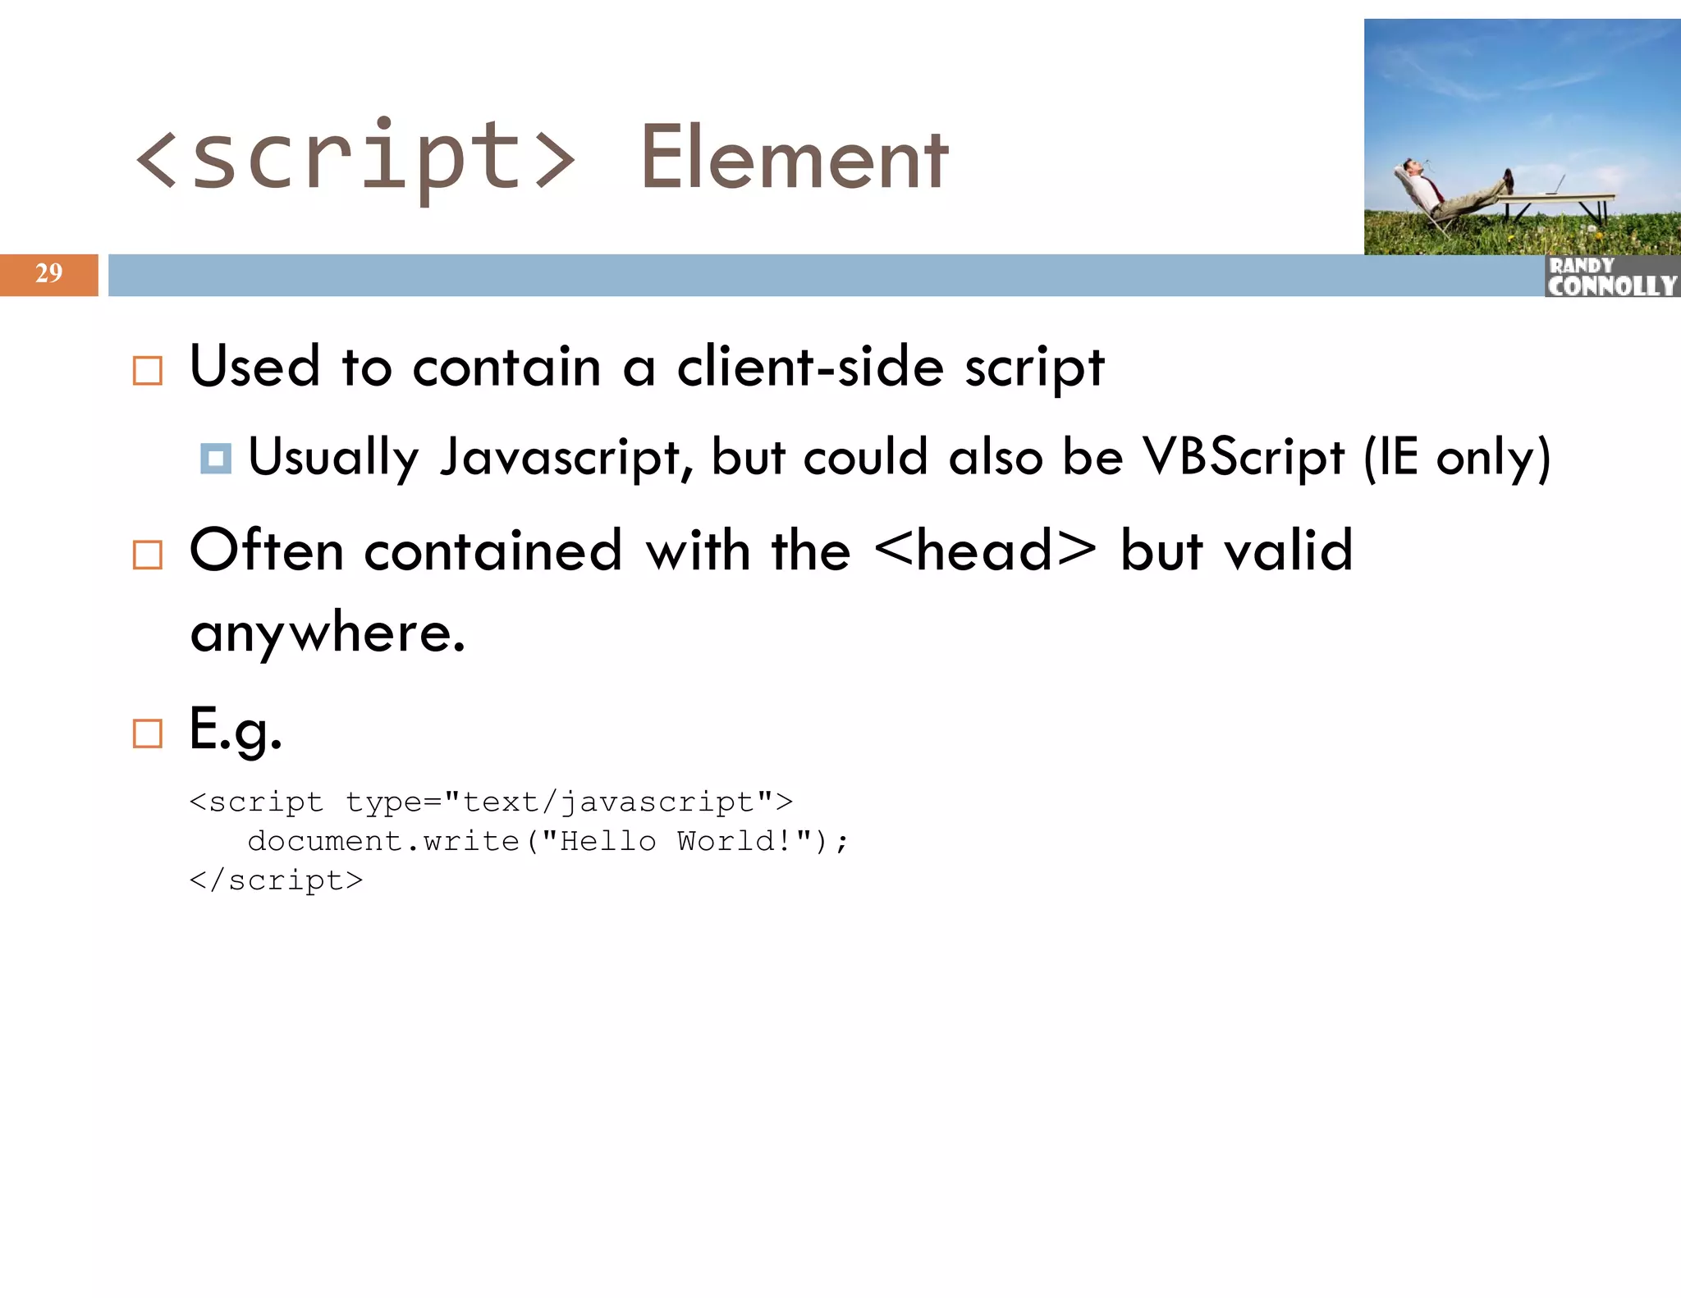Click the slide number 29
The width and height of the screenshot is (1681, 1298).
[x=48, y=273]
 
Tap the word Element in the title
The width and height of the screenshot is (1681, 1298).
[x=794, y=158]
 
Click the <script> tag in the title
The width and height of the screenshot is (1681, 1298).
[x=355, y=158]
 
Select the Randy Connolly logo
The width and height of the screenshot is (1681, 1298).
[x=1611, y=277]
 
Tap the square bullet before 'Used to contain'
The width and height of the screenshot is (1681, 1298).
[x=148, y=371]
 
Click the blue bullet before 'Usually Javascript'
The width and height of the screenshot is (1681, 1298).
[x=216, y=459]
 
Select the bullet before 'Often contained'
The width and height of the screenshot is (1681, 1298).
[x=148, y=555]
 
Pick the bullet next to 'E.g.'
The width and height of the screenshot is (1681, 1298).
[x=148, y=733]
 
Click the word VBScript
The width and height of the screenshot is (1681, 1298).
[x=1244, y=457]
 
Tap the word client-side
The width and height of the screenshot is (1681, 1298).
[x=809, y=367]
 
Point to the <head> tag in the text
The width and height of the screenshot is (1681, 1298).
[x=985, y=551]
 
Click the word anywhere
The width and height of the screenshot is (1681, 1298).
[x=327, y=634]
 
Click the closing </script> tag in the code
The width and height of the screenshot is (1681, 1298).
[x=276, y=880]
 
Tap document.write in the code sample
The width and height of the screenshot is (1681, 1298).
[x=383, y=841]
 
